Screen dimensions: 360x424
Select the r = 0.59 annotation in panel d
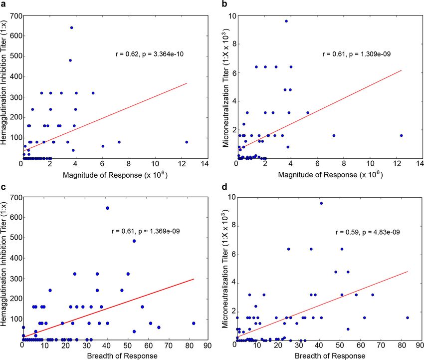tap(346, 232)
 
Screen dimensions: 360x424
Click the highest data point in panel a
tap(71, 28)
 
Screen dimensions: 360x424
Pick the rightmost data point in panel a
tap(187, 142)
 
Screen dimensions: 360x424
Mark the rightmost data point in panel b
tap(401, 135)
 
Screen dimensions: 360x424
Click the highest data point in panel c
tap(107, 208)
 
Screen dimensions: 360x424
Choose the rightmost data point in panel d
tap(408, 318)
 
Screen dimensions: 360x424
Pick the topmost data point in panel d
tap(321, 203)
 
